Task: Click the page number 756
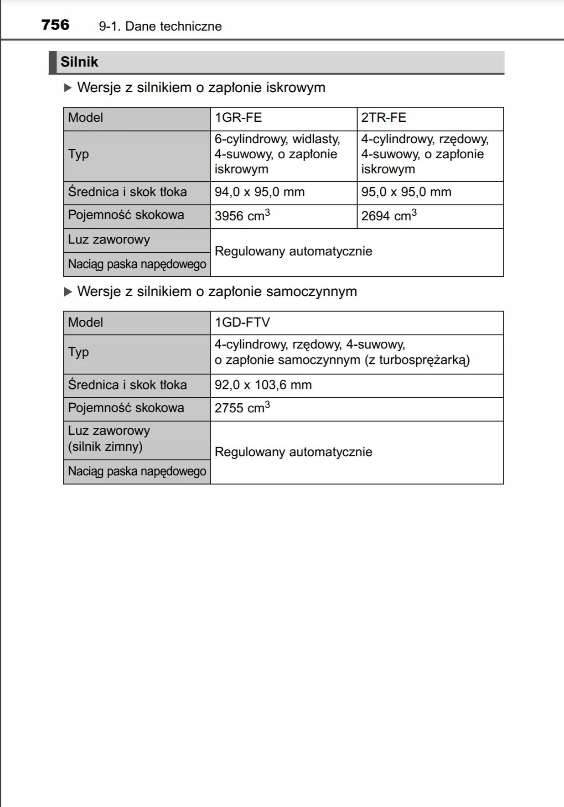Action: [x=55, y=25]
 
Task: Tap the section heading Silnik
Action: [x=79, y=62]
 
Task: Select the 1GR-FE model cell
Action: [x=238, y=118]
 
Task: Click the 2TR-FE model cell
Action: [x=384, y=118]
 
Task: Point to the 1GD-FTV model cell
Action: [x=243, y=323]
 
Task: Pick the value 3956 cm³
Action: [x=242, y=216]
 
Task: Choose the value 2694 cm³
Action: [x=389, y=216]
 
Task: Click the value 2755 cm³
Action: [x=242, y=408]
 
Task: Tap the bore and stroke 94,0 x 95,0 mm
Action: [x=259, y=192]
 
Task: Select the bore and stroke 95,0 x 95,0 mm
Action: [x=406, y=192]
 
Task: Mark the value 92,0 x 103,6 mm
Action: [x=263, y=385]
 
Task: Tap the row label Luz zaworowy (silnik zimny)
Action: [x=109, y=438]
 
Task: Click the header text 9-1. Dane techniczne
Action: [x=160, y=26]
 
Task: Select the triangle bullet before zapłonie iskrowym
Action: [x=68, y=88]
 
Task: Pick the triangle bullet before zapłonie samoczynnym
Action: [x=68, y=292]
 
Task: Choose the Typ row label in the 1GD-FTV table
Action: [x=78, y=352]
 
